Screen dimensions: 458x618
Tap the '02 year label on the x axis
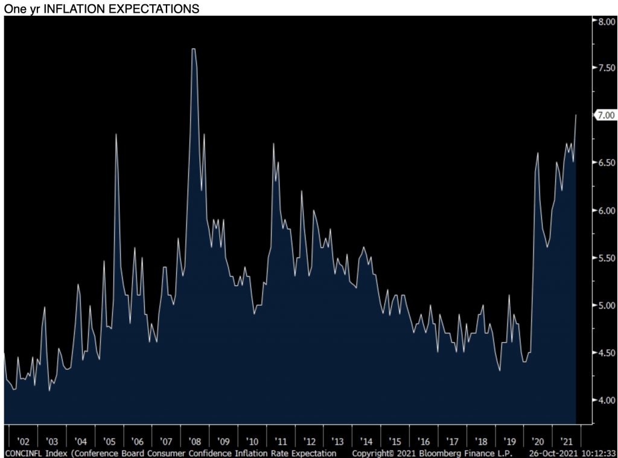(22, 441)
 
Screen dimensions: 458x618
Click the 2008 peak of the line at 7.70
(194, 49)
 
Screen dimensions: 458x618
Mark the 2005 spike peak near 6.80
(116, 134)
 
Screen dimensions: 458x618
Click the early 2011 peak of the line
(273, 144)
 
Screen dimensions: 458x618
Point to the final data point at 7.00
(576, 115)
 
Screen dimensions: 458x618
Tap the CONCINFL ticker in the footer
(22, 453)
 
